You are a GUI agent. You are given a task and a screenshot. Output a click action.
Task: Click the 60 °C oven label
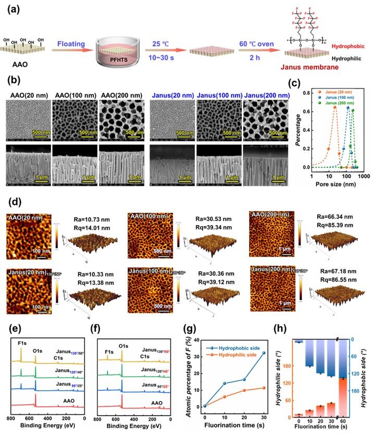tap(256, 45)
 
